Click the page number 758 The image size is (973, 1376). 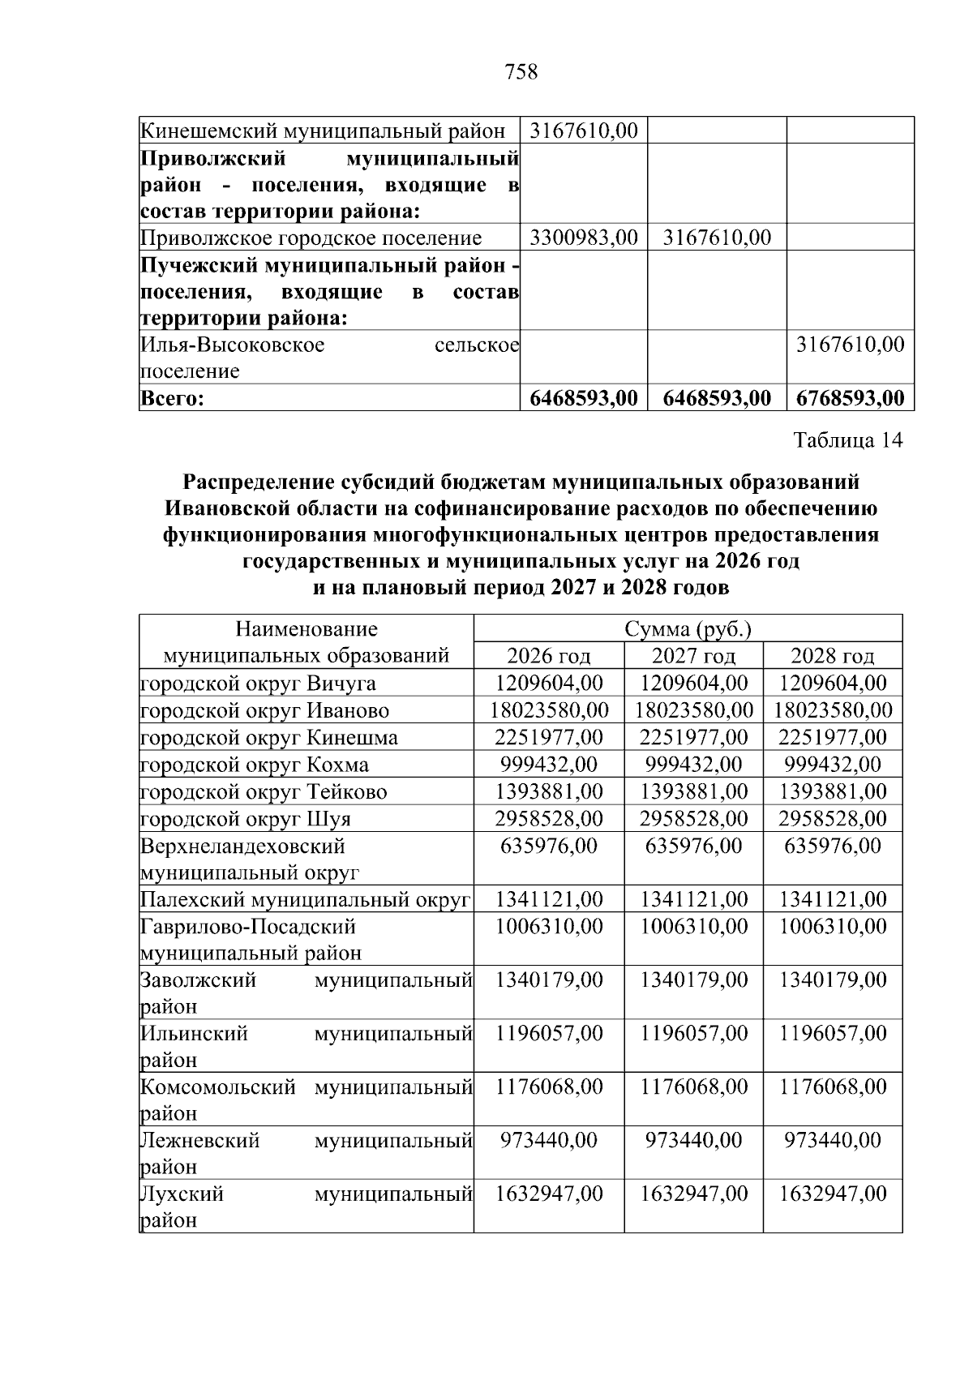(521, 72)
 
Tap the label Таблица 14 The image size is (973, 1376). (848, 440)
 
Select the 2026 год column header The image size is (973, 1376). (549, 655)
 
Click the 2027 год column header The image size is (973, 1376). (693, 655)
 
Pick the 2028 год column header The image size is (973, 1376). (832, 655)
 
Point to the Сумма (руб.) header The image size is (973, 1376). (688, 629)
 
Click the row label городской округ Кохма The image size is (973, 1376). (255, 765)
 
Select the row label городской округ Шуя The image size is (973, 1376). (246, 818)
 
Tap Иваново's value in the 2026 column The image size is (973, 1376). (549, 710)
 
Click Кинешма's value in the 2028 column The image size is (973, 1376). (832, 738)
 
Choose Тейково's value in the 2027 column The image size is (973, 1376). (693, 791)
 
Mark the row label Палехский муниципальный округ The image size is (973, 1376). (305, 899)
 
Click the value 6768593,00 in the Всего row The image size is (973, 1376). (850, 398)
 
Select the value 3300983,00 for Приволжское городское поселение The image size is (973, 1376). (583, 238)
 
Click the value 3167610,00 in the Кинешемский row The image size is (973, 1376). (583, 130)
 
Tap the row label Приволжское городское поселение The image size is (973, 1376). (311, 238)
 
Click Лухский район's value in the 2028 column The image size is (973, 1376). (832, 1194)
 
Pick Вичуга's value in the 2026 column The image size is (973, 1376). (549, 683)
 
